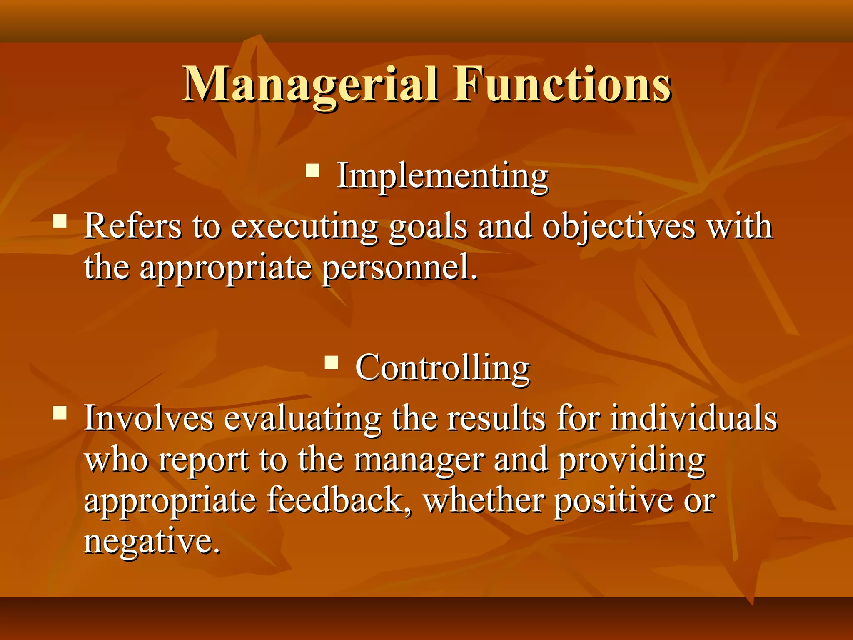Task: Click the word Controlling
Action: pyautogui.click(x=442, y=368)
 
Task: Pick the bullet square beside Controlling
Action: pyautogui.click(x=332, y=362)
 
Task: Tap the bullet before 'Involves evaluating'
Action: pyautogui.click(x=60, y=412)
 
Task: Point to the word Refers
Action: pyautogui.click(x=133, y=226)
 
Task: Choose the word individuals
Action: pyautogui.click(x=693, y=418)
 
